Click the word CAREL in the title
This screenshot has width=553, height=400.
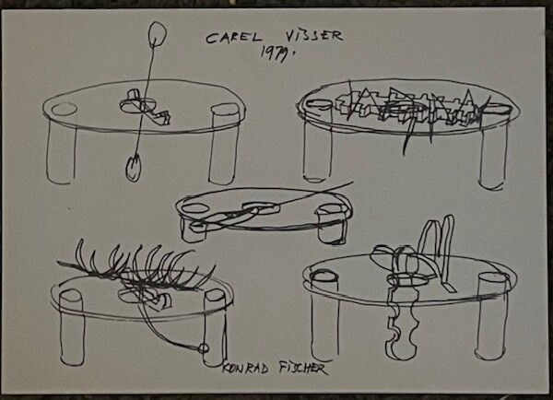click(234, 38)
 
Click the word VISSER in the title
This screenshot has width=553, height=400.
click(313, 35)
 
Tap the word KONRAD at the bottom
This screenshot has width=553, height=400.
click(245, 369)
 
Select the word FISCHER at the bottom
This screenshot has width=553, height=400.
click(302, 369)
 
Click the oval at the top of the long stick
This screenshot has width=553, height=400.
click(157, 34)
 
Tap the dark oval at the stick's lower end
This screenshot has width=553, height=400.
click(134, 168)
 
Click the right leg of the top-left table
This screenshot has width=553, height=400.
click(224, 144)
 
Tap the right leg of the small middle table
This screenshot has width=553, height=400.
click(332, 224)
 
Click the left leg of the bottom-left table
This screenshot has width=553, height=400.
click(72, 327)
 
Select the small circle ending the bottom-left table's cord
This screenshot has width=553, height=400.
click(204, 348)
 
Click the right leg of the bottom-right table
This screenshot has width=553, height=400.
click(492, 316)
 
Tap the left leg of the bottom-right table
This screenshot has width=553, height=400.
click(324, 315)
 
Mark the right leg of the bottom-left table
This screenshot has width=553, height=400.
click(215, 328)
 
